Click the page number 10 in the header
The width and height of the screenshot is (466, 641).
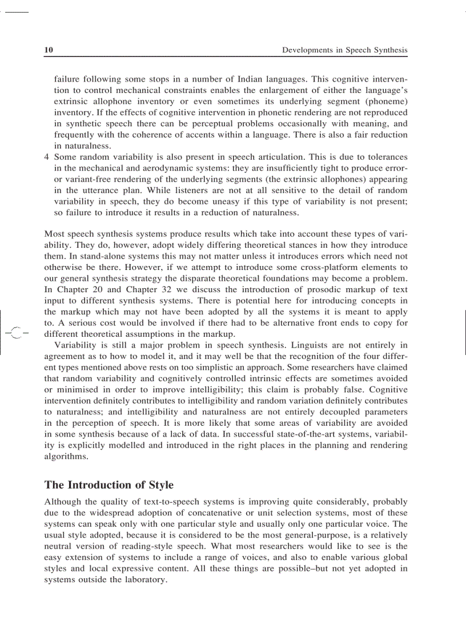[49, 50]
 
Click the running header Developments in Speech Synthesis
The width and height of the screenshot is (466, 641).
[345, 50]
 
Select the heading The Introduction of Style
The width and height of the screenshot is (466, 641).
[109, 485]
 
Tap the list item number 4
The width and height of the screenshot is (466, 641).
[47, 157]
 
